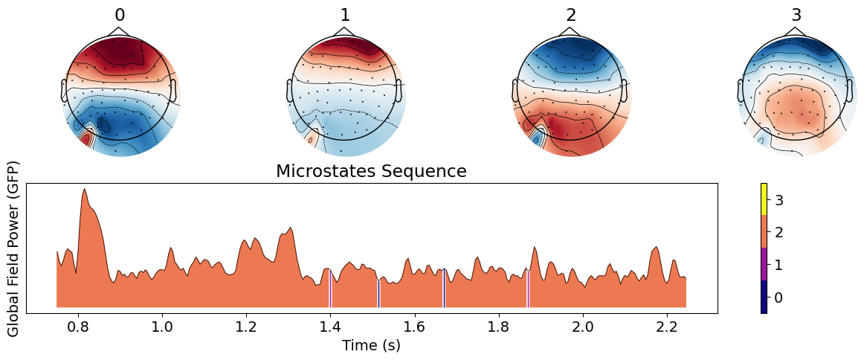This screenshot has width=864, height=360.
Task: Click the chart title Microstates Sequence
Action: [x=371, y=171]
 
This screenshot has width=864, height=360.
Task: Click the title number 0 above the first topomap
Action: [x=120, y=16]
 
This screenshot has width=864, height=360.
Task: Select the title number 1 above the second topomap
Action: [x=345, y=16]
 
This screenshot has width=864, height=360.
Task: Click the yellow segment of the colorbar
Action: [x=764, y=199]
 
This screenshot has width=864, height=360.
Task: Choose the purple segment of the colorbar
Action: [x=764, y=264]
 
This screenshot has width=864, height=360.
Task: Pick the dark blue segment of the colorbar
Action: [x=764, y=297]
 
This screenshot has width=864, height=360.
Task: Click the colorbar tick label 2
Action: [x=778, y=232]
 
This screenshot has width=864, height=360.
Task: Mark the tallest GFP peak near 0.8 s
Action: [x=84, y=190]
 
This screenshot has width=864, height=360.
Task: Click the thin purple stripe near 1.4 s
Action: [x=330, y=289]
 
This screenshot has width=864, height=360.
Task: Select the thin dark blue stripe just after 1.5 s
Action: [x=378, y=293]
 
